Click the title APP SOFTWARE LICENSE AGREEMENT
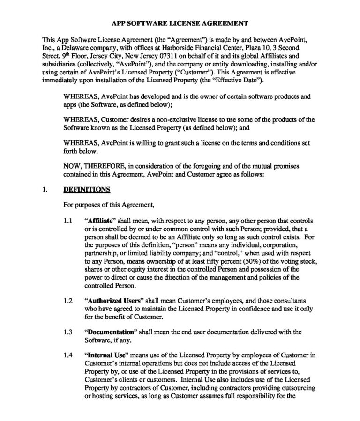180,23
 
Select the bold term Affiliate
101,220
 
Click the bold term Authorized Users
112,302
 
